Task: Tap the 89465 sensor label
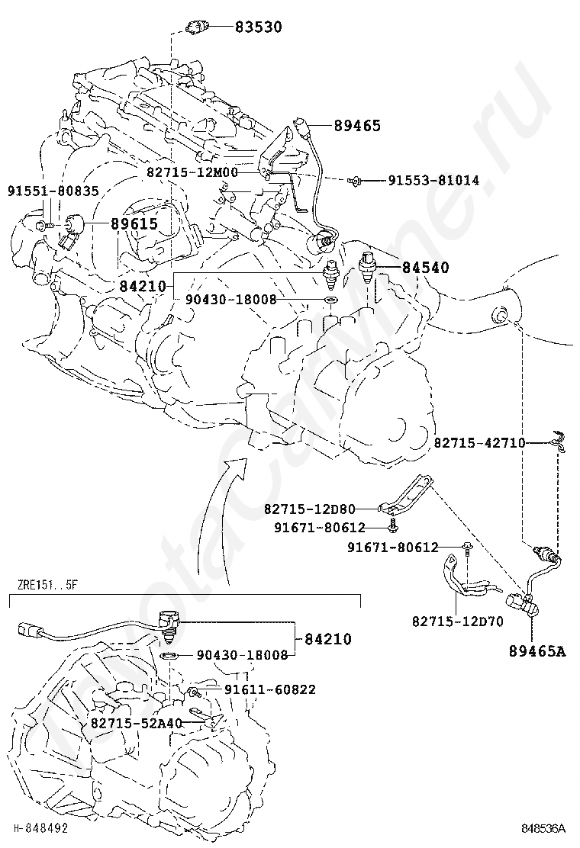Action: (x=357, y=126)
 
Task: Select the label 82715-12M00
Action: (x=192, y=173)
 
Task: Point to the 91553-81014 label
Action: (x=433, y=181)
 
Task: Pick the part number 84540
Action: (x=426, y=268)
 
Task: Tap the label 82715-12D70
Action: (x=457, y=622)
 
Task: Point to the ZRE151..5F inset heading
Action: (x=47, y=586)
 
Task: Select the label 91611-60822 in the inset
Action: (x=270, y=690)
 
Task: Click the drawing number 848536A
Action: (x=543, y=828)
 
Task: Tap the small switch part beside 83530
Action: (x=196, y=29)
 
